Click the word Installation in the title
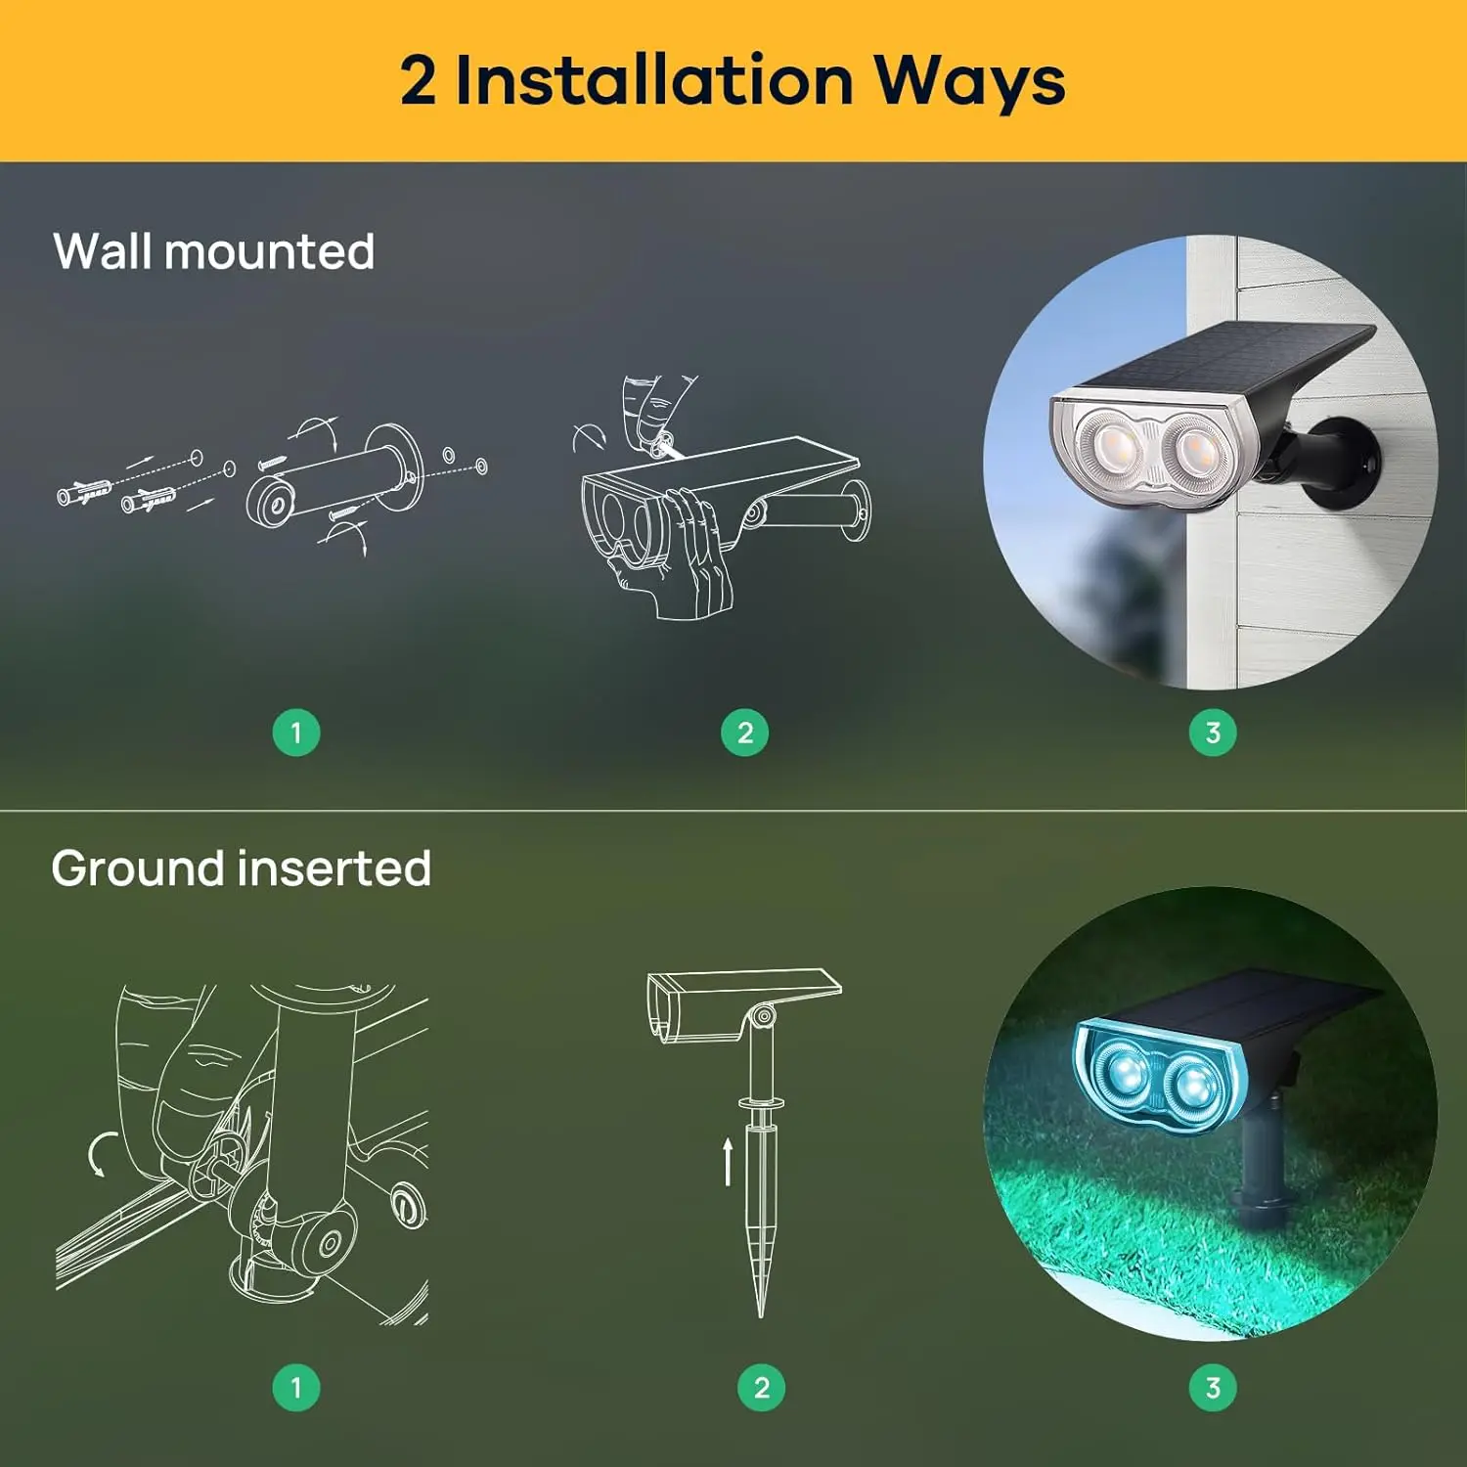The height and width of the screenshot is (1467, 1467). click(x=654, y=80)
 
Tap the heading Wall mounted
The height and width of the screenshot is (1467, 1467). click(x=213, y=251)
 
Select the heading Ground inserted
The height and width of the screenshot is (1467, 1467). click(x=241, y=868)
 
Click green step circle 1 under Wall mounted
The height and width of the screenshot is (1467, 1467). click(x=296, y=733)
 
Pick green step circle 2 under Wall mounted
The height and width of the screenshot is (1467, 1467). click(x=745, y=733)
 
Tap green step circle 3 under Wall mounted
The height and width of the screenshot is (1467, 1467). click(x=1213, y=733)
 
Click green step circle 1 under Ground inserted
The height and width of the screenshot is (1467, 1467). click(x=296, y=1387)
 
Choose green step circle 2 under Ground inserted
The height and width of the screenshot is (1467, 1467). click(x=762, y=1387)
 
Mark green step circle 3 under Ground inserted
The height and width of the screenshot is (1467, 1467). click(x=1213, y=1387)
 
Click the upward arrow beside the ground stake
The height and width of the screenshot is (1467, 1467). click(x=728, y=1161)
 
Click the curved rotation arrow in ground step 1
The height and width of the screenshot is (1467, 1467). click(x=99, y=1154)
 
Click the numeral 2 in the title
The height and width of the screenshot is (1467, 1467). click(x=418, y=80)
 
